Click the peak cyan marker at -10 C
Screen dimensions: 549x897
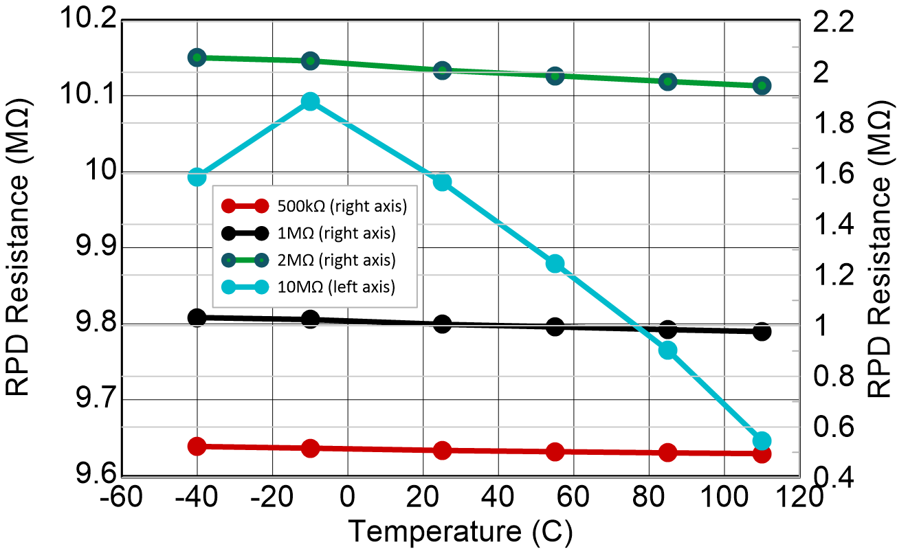click(310, 102)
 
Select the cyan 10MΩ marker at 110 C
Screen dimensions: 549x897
click(762, 441)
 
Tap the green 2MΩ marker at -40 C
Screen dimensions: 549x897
click(197, 57)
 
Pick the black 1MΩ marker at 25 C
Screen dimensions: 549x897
click(443, 324)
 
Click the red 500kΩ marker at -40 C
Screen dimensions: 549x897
click(197, 446)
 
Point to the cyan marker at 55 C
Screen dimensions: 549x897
click(555, 263)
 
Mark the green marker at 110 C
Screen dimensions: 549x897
click(762, 86)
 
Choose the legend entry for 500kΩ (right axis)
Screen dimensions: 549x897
click(337, 205)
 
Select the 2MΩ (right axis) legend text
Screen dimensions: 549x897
click(336, 260)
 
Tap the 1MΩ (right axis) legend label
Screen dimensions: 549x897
click(336, 233)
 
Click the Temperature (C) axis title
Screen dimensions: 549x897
click(459, 531)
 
